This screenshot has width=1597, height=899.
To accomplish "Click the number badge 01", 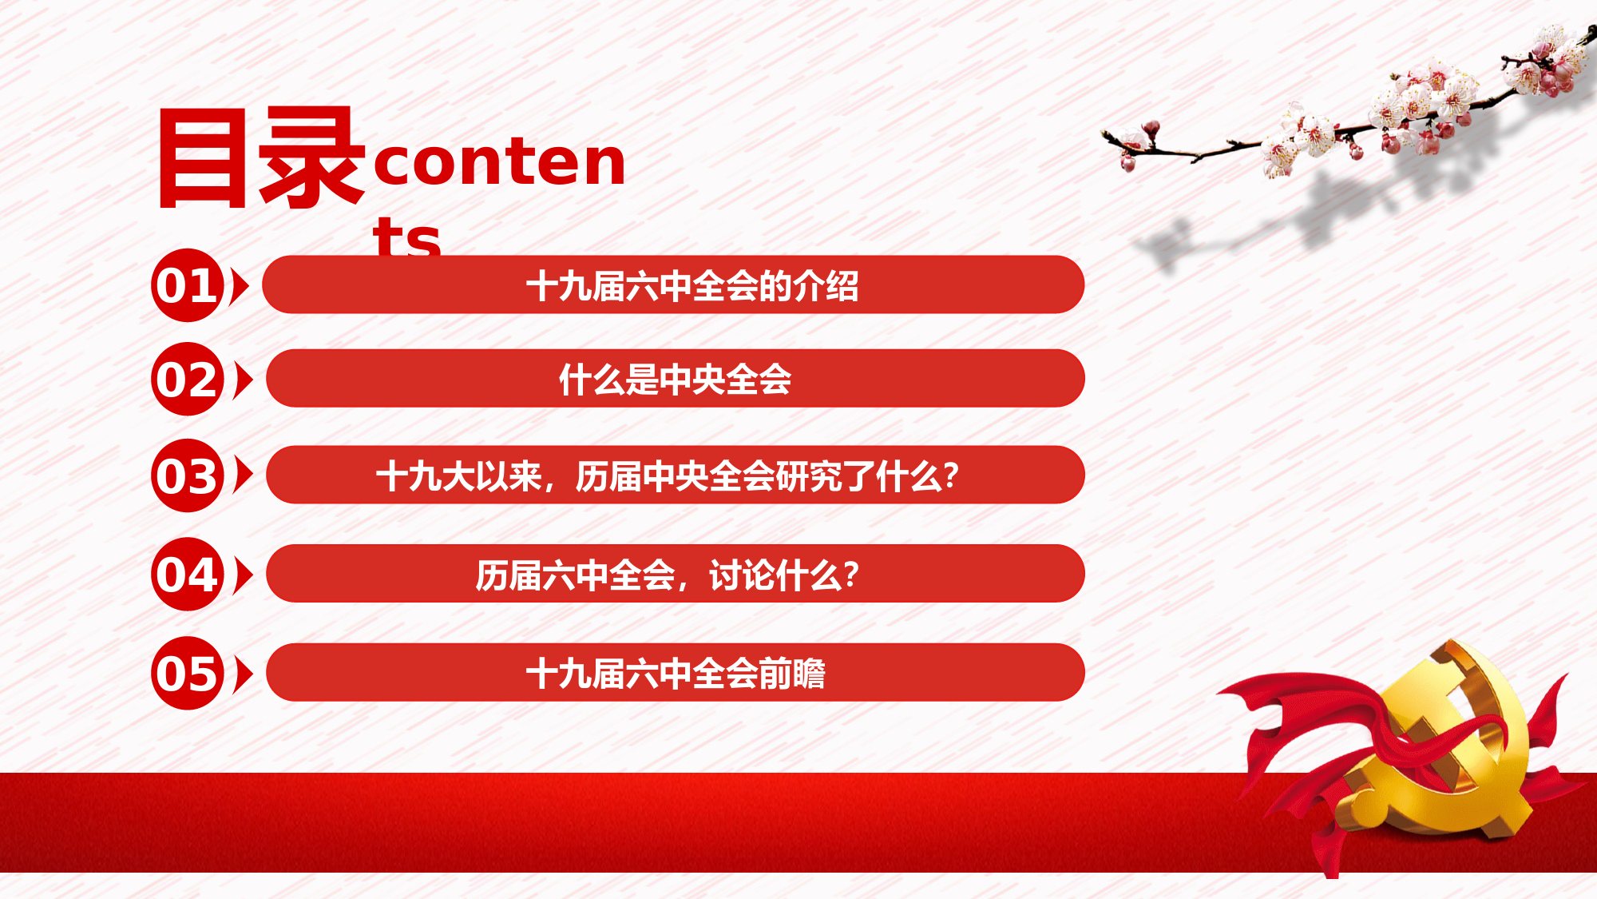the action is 188,285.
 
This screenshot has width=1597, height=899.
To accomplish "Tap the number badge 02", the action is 188,379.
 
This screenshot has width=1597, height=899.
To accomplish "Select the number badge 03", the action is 188,475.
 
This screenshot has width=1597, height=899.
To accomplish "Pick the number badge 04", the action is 188,574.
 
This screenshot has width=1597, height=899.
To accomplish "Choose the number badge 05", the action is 188,673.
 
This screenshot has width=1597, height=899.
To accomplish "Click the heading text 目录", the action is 261,158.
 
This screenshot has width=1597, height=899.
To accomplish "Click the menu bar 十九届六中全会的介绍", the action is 673,284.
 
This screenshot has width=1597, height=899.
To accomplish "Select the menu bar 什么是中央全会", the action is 675,378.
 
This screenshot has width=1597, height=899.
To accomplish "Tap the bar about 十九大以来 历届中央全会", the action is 675,475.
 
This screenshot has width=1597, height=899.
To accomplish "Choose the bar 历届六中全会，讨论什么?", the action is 675,573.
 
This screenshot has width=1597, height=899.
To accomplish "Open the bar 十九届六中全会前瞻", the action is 675,672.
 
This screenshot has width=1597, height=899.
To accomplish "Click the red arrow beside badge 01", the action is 240,286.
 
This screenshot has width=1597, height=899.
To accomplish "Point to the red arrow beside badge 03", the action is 244,475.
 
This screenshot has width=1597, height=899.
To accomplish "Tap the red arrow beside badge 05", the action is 244,674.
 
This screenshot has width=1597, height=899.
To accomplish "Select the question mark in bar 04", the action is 851,574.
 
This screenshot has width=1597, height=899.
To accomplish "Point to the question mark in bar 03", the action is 951,475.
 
